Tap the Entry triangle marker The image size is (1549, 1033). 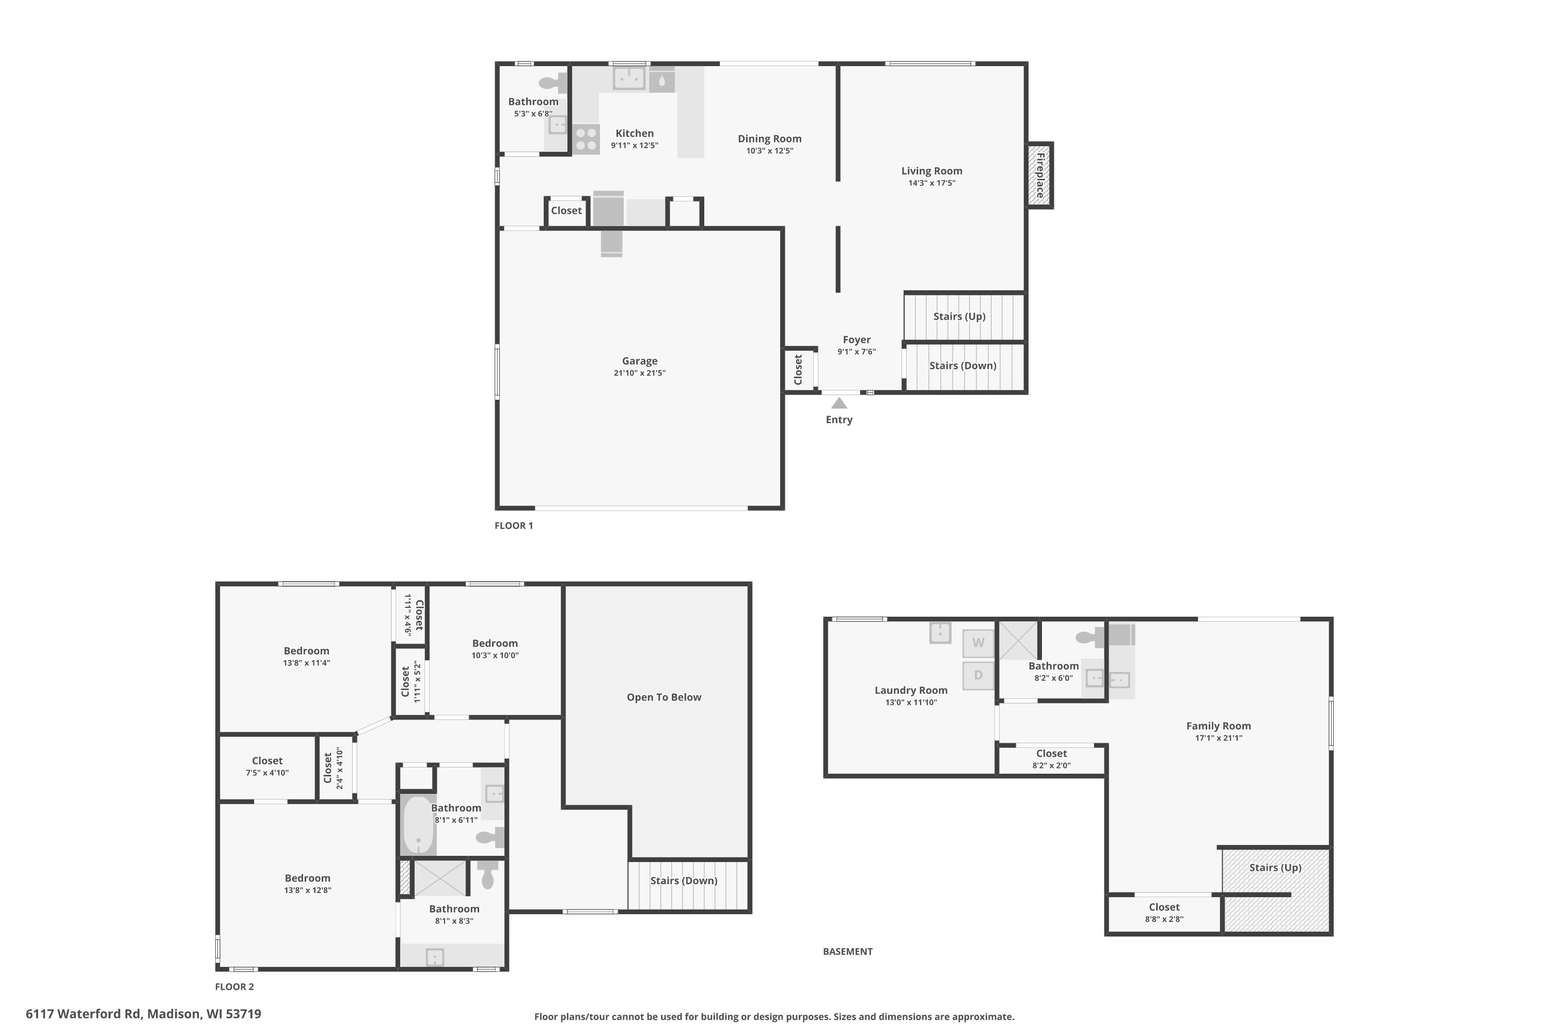pos(839,403)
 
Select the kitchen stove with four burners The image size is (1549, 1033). pos(586,139)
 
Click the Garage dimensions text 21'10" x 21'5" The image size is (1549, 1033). pos(640,373)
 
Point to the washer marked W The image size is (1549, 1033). pos(978,643)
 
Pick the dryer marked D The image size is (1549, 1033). pos(978,675)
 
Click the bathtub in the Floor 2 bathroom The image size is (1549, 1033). pos(418,825)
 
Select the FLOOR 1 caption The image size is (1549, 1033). pos(514,525)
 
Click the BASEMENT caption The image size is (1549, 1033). pos(848,951)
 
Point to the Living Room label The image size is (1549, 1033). pos(931,170)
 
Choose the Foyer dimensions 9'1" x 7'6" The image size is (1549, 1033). pos(856,352)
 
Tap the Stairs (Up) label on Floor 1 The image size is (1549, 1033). pos(959,316)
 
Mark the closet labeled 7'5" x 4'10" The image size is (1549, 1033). pos(267,766)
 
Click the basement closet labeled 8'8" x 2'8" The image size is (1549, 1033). pos(1164,913)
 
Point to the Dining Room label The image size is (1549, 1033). pos(769,138)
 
